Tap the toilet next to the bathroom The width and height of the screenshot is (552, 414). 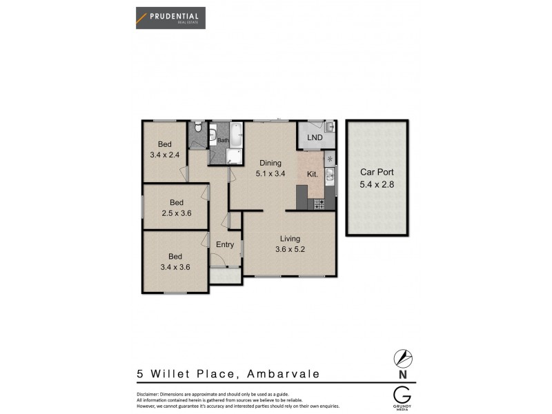(x=197, y=128)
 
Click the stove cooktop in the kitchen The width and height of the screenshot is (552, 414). (x=319, y=204)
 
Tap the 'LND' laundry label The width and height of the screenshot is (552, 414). (x=315, y=137)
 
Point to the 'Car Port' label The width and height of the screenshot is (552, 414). (x=376, y=173)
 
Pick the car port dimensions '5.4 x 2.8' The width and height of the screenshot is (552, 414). (x=376, y=184)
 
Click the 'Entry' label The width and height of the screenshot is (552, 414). (x=225, y=244)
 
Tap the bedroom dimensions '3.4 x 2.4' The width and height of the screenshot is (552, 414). (x=164, y=155)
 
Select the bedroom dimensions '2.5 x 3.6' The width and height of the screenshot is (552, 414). (x=176, y=213)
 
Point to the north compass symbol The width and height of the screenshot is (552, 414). (x=402, y=358)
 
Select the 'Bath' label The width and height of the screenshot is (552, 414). (x=223, y=141)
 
